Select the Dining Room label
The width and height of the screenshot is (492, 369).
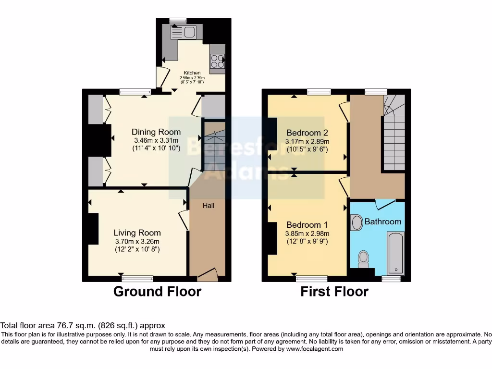click(x=156, y=132)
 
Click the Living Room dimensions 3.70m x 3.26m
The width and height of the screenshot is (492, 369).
click(x=137, y=241)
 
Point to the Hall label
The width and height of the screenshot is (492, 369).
click(x=208, y=206)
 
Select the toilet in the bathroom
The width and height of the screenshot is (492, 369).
click(x=363, y=258)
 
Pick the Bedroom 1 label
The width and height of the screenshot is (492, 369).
click(x=307, y=225)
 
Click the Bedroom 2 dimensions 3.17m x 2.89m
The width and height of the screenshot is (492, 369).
click(x=307, y=141)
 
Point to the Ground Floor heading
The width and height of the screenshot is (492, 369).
click(x=157, y=291)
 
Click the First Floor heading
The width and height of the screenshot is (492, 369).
click(x=334, y=291)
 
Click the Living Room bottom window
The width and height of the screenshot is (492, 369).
click(x=137, y=278)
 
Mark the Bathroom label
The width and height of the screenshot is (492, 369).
click(x=382, y=221)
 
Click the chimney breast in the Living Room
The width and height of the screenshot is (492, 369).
click(x=92, y=229)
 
